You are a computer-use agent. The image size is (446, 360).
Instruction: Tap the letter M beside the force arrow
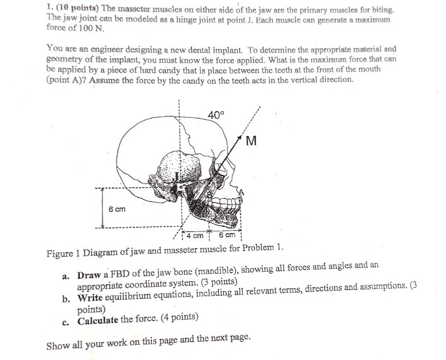250,141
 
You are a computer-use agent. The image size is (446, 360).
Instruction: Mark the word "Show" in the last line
59,345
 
